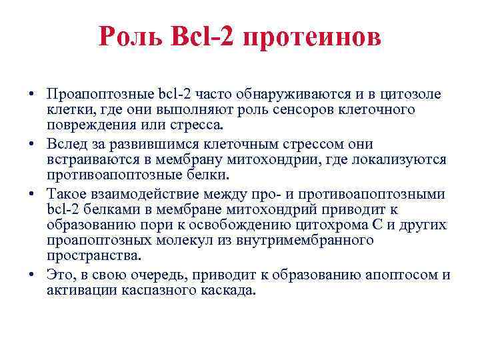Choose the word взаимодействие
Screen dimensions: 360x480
click(x=153, y=194)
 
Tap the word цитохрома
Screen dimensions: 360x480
click(x=333, y=225)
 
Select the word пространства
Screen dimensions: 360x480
click(x=94, y=255)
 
